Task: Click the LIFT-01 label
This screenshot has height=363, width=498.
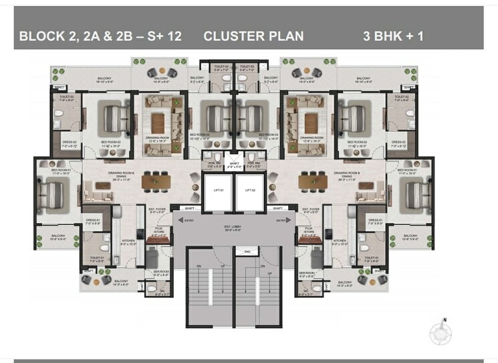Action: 217,191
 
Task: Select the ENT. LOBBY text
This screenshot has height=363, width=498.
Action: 233,229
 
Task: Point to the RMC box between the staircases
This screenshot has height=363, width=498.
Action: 247,252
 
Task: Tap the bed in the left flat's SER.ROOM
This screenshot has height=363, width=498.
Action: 152,257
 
